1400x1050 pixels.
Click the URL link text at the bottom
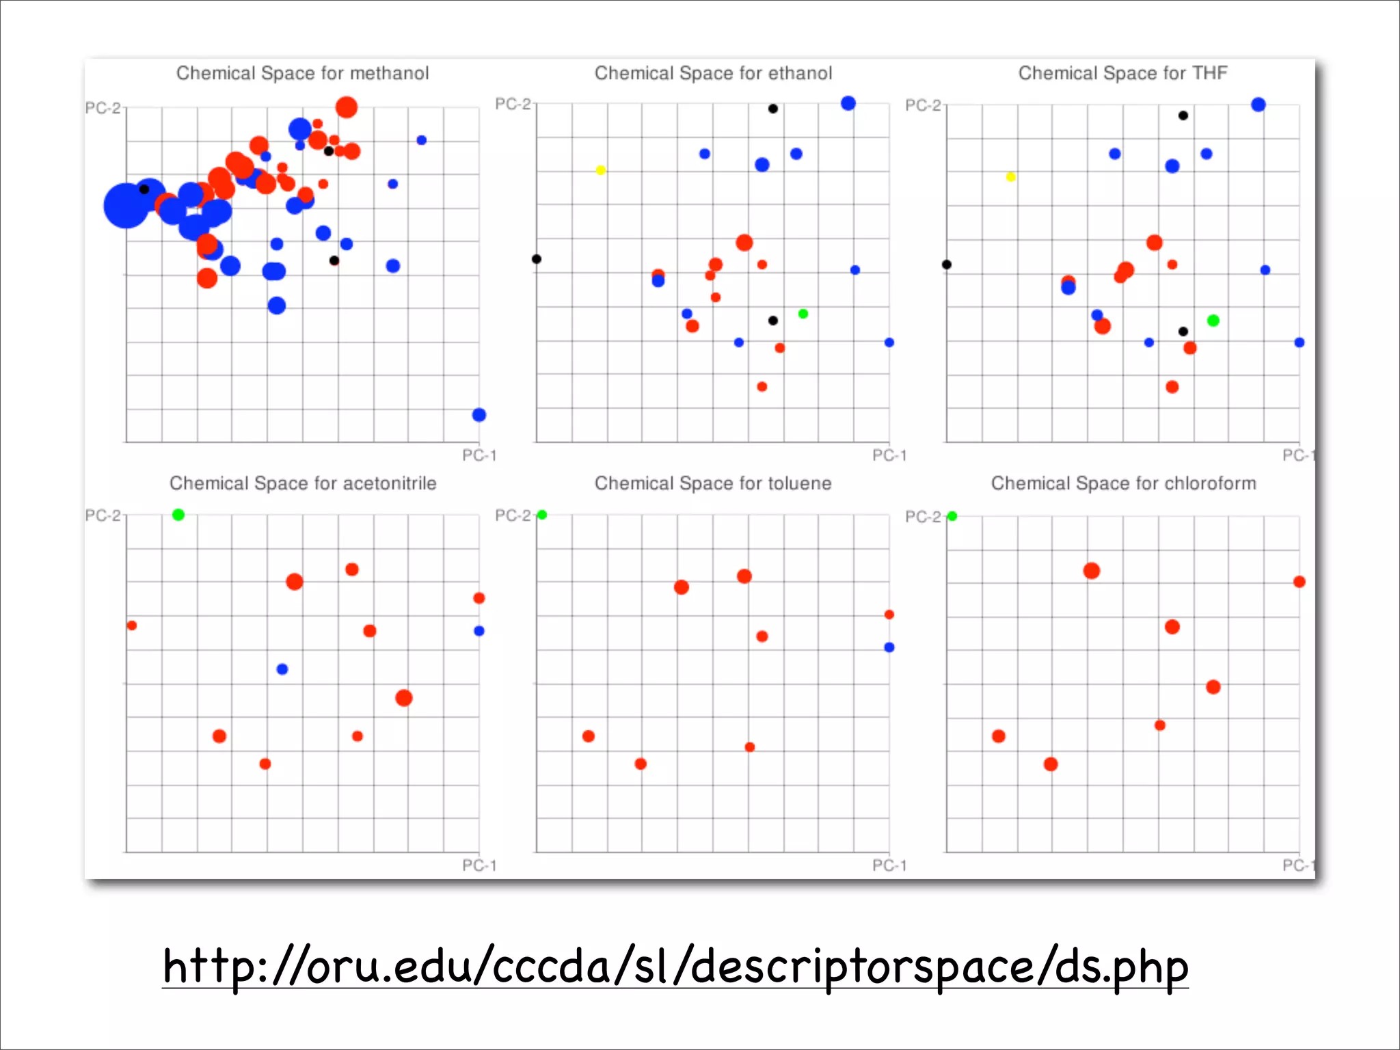tap(675, 967)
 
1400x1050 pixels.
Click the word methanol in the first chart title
tap(389, 73)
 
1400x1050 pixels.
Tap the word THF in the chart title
tap(1209, 73)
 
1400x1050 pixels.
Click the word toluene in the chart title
tap(799, 483)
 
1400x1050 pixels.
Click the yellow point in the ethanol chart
tap(600, 170)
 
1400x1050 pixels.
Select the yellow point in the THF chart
tap(1010, 177)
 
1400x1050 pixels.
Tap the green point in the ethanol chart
tap(803, 314)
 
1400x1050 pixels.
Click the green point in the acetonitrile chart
tap(178, 515)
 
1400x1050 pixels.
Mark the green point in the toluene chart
tap(542, 515)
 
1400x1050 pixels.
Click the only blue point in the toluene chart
tap(889, 647)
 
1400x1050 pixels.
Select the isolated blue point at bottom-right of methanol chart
tap(479, 415)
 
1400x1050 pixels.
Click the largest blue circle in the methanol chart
tap(126, 205)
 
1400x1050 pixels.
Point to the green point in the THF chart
tap(1213, 321)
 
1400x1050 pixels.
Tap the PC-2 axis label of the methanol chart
tap(103, 108)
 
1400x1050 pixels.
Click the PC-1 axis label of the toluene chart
tap(889, 865)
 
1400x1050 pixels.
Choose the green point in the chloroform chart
tap(952, 516)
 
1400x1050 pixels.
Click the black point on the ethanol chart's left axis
tap(537, 259)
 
